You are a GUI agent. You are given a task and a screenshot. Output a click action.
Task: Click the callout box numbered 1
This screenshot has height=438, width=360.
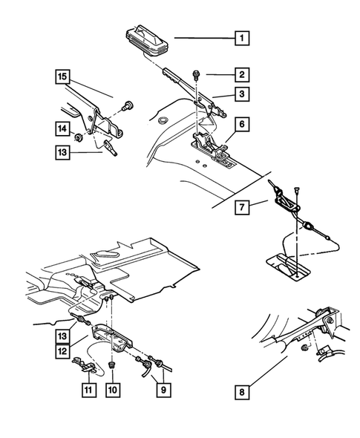click(x=240, y=36)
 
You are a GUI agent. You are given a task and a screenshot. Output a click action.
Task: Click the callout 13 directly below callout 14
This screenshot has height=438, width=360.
click(x=61, y=153)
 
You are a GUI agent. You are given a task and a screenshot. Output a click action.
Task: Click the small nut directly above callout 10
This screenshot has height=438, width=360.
click(x=111, y=365)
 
